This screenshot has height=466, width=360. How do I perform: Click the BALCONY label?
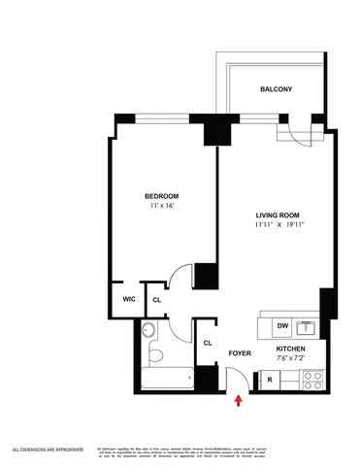(276, 89)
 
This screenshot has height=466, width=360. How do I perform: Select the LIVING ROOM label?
(274, 215)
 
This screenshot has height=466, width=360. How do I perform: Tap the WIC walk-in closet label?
(127, 299)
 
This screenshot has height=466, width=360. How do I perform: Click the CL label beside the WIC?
(157, 300)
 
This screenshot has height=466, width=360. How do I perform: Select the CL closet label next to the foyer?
(208, 343)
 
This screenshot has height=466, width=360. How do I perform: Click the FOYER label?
(240, 354)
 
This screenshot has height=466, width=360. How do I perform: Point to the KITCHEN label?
(291, 348)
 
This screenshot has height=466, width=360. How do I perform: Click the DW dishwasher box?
(283, 326)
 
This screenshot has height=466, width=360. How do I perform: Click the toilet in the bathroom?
(149, 332)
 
